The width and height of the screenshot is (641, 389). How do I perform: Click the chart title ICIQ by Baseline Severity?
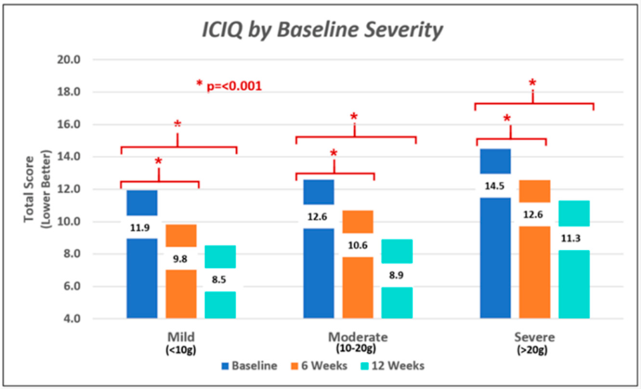tap(322, 30)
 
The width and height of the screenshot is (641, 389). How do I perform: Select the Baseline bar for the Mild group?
tap(142, 254)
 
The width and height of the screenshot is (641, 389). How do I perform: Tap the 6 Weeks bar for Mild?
tap(181, 272)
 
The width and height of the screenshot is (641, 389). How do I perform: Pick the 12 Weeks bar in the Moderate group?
tap(397, 279)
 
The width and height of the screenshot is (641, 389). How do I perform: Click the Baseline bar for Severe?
tap(495, 234)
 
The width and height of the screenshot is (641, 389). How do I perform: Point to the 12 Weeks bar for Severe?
tap(574, 260)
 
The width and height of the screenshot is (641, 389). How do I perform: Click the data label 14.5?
tap(495, 186)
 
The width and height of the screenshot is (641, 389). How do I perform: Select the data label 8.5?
tap(219, 280)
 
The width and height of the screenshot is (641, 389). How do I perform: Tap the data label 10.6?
tap(358, 246)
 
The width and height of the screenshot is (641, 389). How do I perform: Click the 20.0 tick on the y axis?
tap(69, 59)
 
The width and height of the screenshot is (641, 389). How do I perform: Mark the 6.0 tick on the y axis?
tap(71, 286)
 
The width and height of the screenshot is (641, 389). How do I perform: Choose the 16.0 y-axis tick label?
tap(69, 124)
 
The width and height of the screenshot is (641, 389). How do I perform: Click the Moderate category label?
tap(358, 337)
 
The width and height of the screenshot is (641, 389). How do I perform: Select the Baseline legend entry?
tap(249, 365)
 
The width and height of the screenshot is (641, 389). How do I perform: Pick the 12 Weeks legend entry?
tap(393, 365)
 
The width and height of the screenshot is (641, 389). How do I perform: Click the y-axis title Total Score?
tap(29, 189)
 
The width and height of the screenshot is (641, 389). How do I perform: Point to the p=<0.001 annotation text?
tap(234, 86)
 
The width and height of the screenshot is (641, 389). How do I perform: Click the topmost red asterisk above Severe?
tap(532, 83)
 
